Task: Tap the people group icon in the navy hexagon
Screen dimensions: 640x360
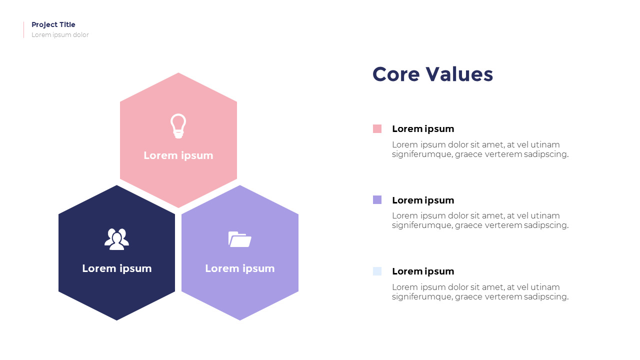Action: [116, 239]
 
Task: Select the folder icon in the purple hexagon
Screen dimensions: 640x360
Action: [239, 239]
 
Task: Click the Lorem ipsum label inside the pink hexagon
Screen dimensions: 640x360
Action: [178, 155]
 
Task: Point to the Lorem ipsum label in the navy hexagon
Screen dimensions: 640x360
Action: [117, 268]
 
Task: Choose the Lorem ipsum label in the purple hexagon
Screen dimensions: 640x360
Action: [240, 268]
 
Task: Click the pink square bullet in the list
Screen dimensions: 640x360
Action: [377, 128]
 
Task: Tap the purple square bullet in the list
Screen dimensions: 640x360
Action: [377, 199]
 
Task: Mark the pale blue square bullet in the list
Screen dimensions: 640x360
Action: [377, 271]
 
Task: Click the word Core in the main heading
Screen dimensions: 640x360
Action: [396, 74]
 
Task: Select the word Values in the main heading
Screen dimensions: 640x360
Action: [459, 74]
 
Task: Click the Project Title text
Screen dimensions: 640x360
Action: [53, 25]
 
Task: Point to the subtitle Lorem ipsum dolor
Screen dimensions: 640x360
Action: [60, 35]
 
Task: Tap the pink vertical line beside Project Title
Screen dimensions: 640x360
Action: [23, 29]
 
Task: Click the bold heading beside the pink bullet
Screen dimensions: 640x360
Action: [423, 129]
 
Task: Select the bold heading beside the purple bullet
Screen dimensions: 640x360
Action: [423, 200]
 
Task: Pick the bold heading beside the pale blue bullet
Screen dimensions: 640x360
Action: [423, 271]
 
